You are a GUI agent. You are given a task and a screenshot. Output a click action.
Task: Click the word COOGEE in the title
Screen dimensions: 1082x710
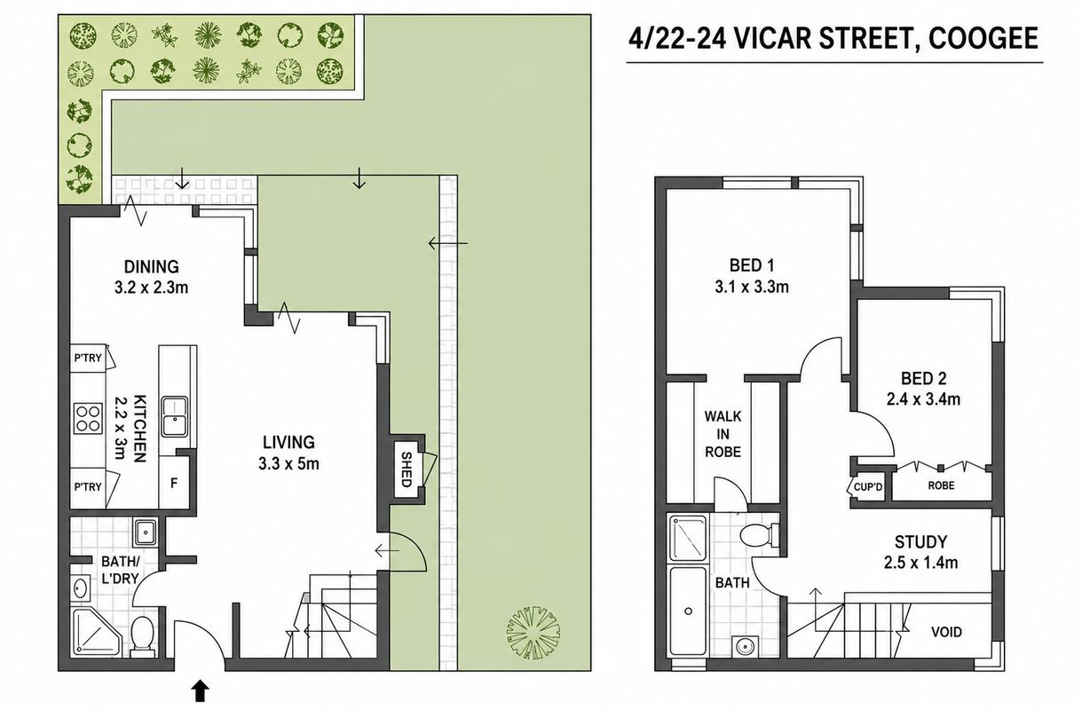coord(983,39)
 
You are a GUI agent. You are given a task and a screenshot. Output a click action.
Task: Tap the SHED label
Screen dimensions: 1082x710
coord(407,469)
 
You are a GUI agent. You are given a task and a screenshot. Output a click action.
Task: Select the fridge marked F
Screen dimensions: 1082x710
coord(174,483)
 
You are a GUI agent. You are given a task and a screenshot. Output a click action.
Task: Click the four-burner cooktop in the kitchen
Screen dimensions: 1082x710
coord(88,418)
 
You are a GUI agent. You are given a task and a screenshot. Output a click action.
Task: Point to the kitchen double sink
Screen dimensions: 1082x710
coord(174,416)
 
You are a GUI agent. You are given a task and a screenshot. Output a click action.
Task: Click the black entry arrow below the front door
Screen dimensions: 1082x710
coord(201,690)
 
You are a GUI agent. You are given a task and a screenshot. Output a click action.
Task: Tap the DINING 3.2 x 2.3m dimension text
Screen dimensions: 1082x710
coord(151,288)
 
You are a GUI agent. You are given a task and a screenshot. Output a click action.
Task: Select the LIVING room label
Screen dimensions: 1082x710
coord(288,442)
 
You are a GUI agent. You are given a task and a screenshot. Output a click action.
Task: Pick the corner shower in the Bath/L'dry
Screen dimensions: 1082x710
coord(96,632)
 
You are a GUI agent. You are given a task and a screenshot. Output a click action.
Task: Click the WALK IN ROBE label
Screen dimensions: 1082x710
coord(723,434)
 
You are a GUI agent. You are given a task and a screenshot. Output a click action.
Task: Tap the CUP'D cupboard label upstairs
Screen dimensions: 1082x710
coord(867,487)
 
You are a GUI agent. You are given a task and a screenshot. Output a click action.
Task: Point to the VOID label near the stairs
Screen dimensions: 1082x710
coord(946,632)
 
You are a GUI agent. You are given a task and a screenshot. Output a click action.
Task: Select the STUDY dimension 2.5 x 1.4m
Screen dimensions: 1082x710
coord(920,563)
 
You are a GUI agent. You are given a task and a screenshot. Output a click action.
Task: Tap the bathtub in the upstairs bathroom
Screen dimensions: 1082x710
coord(688,611)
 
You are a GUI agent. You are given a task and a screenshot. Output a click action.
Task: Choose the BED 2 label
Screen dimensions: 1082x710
coord(924,378)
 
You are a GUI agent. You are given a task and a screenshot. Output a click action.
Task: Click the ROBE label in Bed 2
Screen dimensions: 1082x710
coord(941,485)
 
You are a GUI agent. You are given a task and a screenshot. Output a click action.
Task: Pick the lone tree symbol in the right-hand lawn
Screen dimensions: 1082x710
coord(533,633)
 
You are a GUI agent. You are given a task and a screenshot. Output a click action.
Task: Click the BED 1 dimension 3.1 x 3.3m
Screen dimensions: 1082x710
coord(752,287)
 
